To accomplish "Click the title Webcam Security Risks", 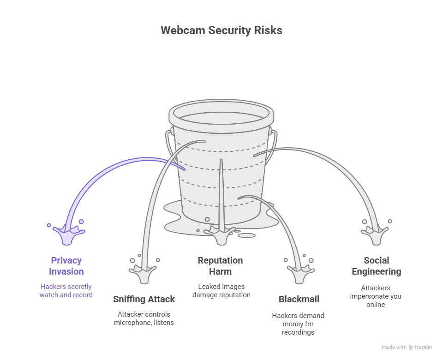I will [221, 30].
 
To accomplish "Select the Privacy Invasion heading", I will [66, 266].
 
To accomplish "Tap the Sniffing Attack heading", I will [144, 299].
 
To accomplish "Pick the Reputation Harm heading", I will [221, 266].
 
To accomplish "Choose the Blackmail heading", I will [299, 299].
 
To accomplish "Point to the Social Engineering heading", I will [376, 266].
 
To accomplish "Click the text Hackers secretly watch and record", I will [66, 291].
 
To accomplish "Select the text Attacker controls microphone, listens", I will [144, 318].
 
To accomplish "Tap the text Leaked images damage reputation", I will [221, 291].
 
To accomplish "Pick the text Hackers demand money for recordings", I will [298, 324].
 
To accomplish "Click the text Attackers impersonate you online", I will [376, 296].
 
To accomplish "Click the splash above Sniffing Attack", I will [144, 273].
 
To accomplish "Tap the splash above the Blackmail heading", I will [298, 273].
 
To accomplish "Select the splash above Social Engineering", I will [377, 234].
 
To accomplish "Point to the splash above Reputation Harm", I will [221, 235].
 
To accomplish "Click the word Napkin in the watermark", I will [424, 348].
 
